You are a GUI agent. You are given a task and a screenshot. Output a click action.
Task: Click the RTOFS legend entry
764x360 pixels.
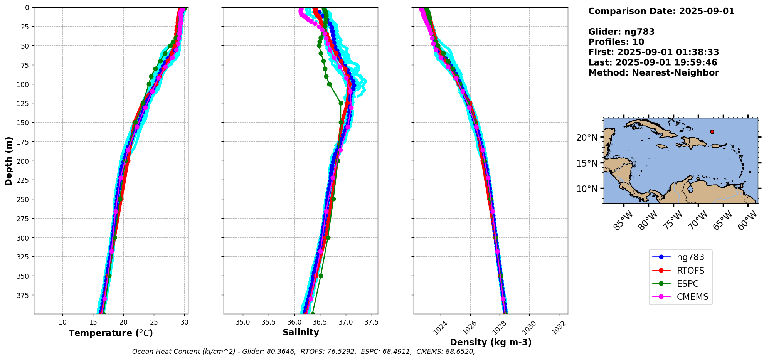click(x=690, y=271)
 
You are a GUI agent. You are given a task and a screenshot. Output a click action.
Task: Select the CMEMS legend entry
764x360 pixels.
click(x=692, y=297)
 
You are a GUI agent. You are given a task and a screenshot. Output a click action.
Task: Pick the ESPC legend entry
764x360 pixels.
click(x=687, y=284)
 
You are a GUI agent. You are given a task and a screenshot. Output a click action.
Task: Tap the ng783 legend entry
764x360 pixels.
click(x=690, y=257)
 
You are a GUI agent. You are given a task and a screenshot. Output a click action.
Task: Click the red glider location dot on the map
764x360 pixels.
click(x=712, y=132)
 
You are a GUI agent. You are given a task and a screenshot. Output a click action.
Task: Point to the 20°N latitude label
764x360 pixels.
click(x=587, y=138)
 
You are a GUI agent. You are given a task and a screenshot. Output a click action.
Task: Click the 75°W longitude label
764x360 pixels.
click(x=673, y=222)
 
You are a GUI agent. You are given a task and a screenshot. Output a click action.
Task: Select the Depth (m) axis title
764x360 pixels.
click(x=8, y=161)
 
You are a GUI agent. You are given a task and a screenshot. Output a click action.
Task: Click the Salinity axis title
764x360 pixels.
click(x=301, y=333)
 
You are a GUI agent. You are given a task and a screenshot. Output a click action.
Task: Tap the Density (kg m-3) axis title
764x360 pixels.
click(x=491, y=342)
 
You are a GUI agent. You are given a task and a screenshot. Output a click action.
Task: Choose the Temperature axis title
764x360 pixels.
click(x=111, y=333)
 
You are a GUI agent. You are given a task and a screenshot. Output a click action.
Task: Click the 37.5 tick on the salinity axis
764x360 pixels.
click(x=371, y=322)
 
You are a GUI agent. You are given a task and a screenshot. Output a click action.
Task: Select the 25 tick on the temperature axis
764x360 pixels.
click(x=154, y=322)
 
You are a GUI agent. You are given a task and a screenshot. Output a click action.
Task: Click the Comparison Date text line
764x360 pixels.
click(x=661, y=11)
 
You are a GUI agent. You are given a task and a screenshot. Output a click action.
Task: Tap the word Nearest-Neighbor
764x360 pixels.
click(x=675, y=73)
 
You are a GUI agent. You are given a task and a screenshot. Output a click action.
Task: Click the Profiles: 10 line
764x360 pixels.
click(x=616, y=42)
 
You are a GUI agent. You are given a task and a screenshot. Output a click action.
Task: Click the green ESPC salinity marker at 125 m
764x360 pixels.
click(x=341, y=103)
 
